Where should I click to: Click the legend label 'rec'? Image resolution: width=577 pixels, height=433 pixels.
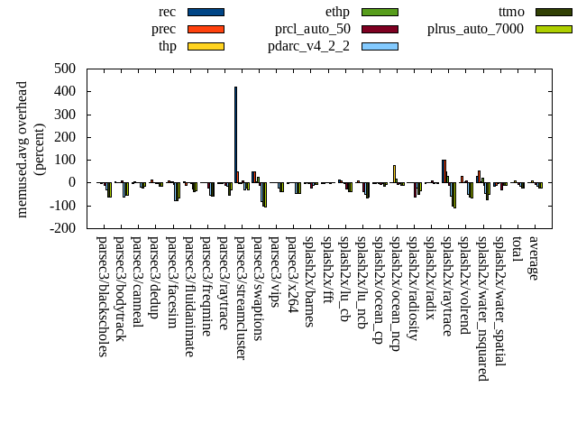[167, 12]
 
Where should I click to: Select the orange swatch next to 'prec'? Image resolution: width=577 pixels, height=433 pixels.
[206, 29]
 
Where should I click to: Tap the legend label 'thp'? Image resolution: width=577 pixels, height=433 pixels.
[167, 46]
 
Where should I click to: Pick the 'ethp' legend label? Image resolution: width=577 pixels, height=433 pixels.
[337, 12]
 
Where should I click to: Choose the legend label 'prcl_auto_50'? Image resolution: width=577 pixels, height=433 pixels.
[312, 29]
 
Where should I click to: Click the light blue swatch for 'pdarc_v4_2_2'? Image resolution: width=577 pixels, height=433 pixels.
[380, 46]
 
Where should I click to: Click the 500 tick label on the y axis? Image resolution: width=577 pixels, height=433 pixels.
[64, 69]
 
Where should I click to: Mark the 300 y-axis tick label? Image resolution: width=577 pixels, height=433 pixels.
[64, 115]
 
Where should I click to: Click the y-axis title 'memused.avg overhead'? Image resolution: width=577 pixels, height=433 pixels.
[23, 149]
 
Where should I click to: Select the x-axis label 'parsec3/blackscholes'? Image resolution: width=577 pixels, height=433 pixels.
[102, 296]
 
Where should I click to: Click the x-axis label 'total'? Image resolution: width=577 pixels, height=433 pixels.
[517, 250]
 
